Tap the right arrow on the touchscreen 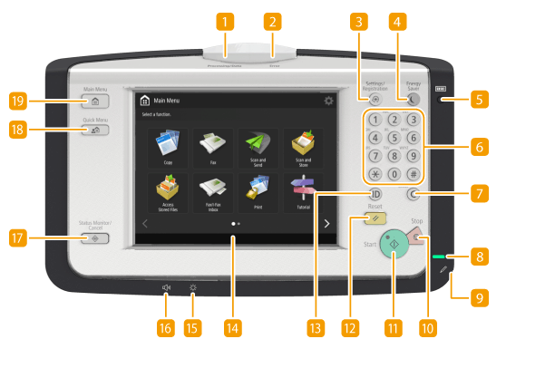click(326, 223)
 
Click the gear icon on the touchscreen click(328, 102)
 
